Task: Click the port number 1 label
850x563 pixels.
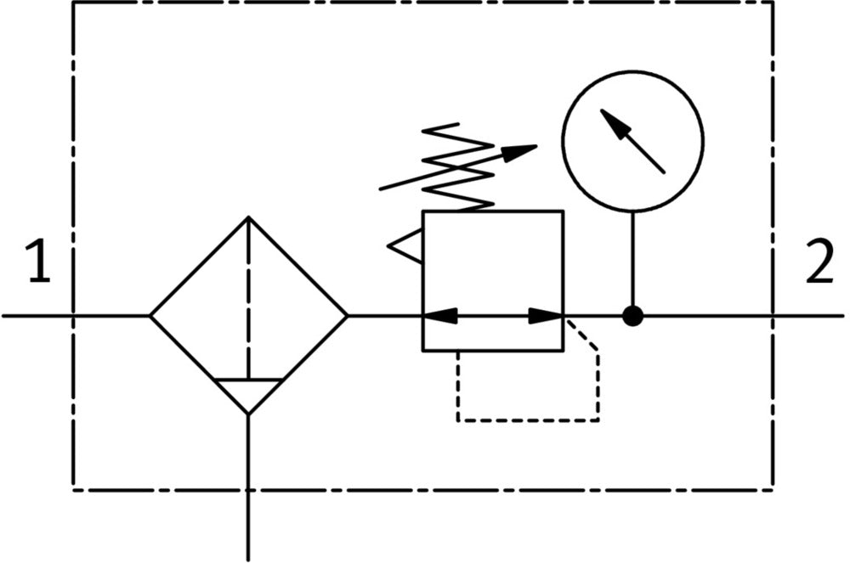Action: [x=37, y=262]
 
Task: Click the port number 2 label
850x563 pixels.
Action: [x=819, y=262]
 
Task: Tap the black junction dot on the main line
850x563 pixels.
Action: [x=632, y=316]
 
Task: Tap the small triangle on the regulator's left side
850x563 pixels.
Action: [x=405, y=246]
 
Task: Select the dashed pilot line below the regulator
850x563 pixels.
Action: [x=527, y=419]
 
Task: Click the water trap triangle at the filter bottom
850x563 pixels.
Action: [x=248, y=394]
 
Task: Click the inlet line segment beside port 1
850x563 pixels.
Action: [x=38, y=316]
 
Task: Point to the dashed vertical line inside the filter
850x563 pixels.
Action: [x=248, y=297]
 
